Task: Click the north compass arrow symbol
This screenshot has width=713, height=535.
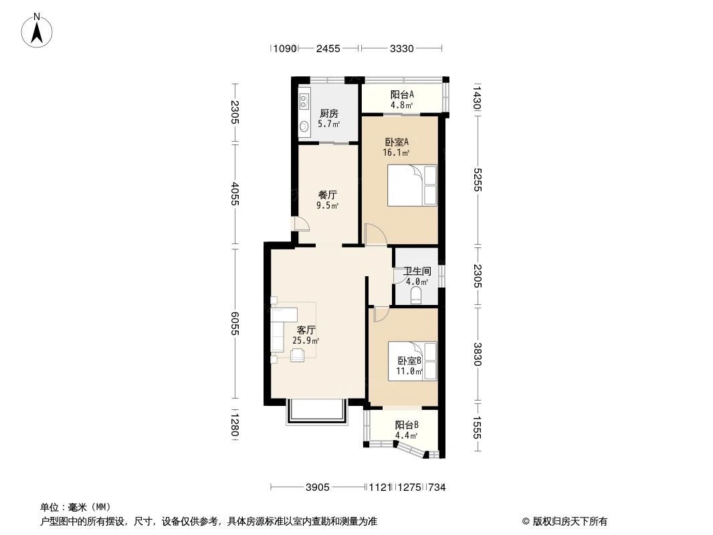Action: tap(37, 30)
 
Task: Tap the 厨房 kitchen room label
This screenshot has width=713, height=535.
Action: tap(329, 113)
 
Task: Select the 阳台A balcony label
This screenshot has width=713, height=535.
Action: tap(402, 94)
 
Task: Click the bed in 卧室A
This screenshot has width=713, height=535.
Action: tap(412, 185)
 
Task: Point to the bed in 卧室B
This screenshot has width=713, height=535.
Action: tap(412, 361)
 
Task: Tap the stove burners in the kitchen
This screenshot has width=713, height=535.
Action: tap(304, 102)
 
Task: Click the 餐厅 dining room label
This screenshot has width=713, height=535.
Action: tap(327, 195)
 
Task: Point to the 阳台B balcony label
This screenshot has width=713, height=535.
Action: tap(407, 425)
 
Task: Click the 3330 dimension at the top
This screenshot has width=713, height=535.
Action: tap(401, 48)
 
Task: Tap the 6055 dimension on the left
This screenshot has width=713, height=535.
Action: tap(235, 324)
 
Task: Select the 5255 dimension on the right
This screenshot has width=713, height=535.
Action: tap(477, 179)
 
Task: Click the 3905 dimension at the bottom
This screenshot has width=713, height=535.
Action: tap(318, 488)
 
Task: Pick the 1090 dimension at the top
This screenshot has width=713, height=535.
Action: tap(285, 48)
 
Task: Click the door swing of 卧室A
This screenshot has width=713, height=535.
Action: tap(376, 235)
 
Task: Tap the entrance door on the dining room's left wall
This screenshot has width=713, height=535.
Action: tap(301, 224)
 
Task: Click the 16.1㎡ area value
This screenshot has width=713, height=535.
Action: tap(396, 152)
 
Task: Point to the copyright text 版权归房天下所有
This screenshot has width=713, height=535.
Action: tap(571, 522)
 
